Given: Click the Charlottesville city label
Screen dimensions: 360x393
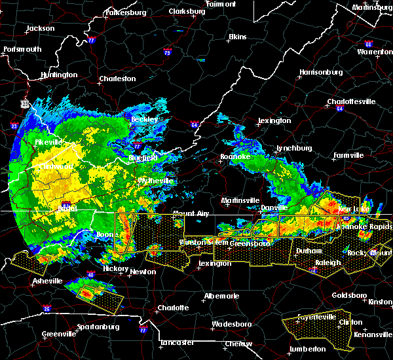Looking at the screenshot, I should [351, 101].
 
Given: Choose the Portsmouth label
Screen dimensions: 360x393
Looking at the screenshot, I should [22, 49].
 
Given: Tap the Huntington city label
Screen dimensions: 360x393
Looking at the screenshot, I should [58, 75].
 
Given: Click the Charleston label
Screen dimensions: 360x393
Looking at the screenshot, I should [117, 79].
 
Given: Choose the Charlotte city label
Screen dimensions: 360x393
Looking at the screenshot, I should [173, 308].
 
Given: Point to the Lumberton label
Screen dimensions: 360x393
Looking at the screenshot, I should [307, 349].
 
